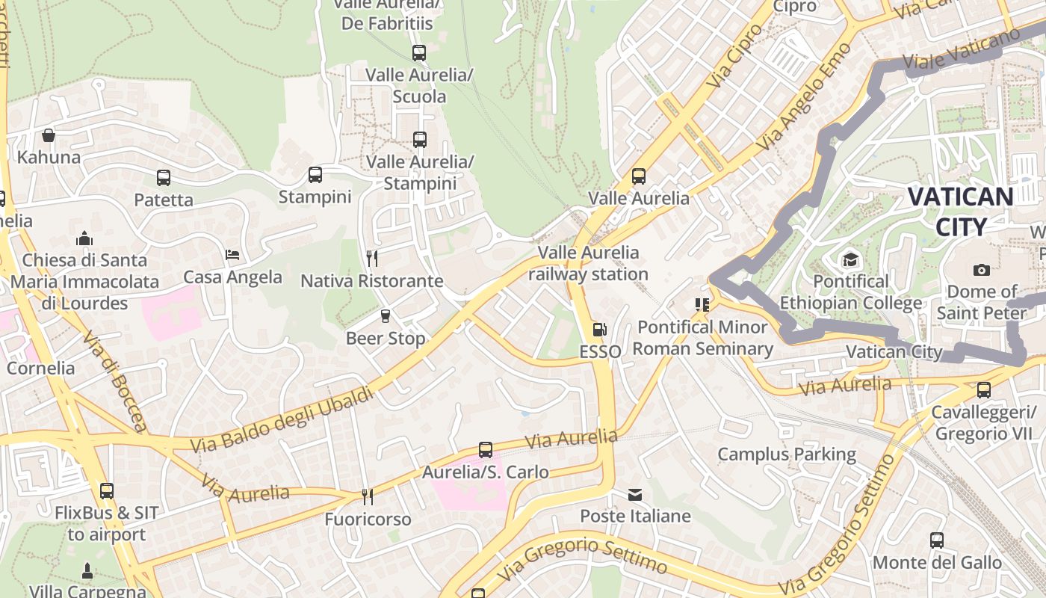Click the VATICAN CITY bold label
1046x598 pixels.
[960, 212]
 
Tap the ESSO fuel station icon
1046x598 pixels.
[599, 329]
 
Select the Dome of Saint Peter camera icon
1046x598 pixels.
[982, 270]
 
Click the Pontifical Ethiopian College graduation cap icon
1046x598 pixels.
[850, 260]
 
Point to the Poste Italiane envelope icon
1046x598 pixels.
[635, 495]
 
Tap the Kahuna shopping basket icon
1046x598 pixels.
[49, 135]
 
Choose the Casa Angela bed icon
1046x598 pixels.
[232, 255]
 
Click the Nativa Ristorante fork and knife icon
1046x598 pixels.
[372, 259]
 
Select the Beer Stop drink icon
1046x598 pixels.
[386, 316]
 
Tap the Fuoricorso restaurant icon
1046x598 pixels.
[368, 496]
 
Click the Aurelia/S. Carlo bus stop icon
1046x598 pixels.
[486, 450]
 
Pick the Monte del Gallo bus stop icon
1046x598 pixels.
[937, 540]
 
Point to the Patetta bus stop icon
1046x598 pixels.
[164, 178]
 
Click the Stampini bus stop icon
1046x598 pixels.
[315, 175]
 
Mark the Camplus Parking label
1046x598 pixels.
[787, 454]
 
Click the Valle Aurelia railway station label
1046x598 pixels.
[589, 263]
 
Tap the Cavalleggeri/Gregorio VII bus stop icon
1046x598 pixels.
[984, 390]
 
